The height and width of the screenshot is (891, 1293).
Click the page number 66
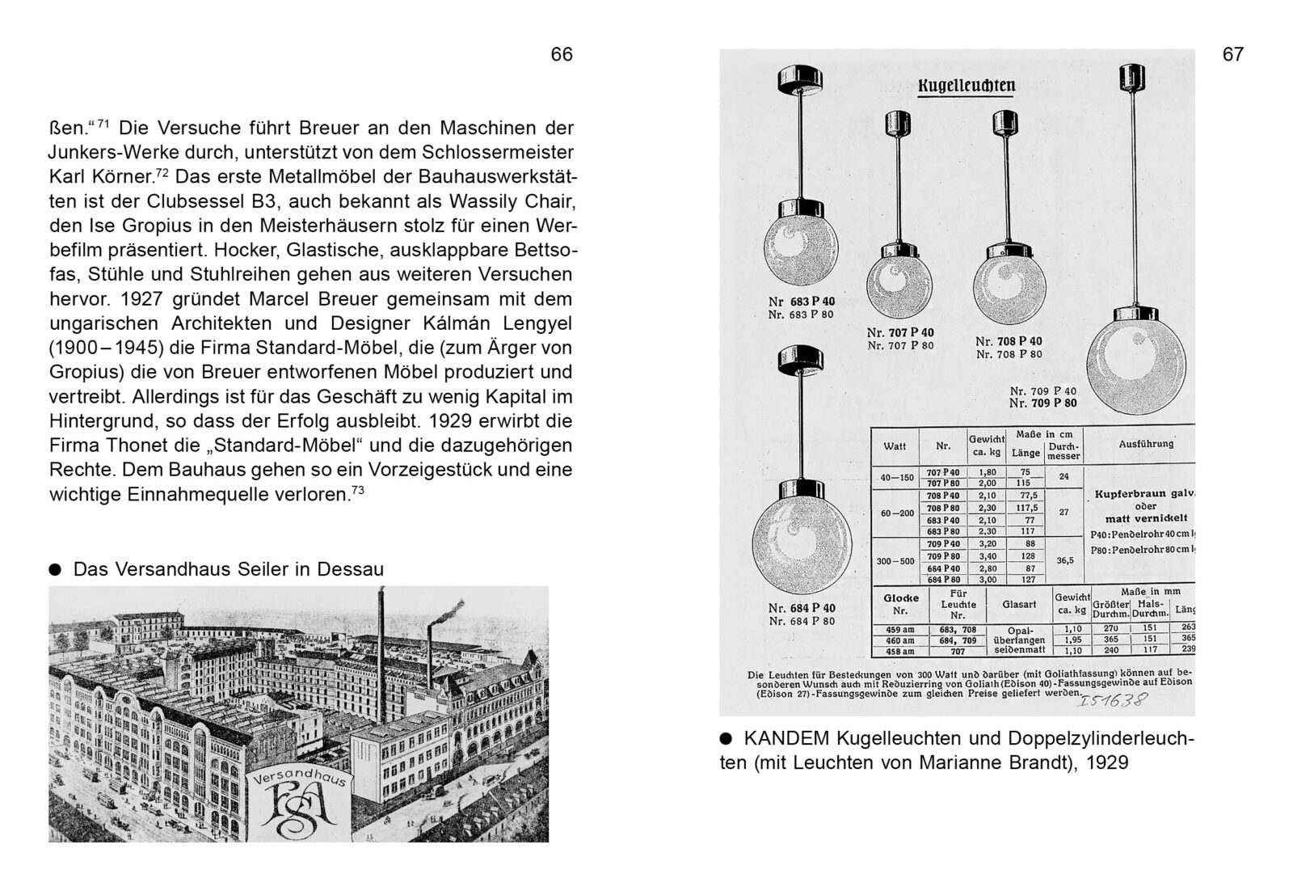pyautogui.click(x=562, y=54)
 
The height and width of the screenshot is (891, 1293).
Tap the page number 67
pyautogui.click(x=1233, y=54)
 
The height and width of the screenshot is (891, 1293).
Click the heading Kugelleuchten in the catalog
pyautogui.click(x=967, y=86)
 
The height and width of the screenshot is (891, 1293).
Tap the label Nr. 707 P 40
pyautogui.click(x=900, y=332)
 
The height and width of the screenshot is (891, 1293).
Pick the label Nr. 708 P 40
pyautogui.click(x=1009, y=341)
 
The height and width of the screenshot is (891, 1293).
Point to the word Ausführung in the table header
pyautogui.click(x=1146, y=444)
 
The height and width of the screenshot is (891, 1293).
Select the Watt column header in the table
pyautogui.click(x=895, y=446)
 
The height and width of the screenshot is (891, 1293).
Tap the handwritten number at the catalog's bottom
pyautogui.click(x=1113, y=700)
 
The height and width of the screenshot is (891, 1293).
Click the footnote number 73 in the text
pyautogui.click(x=358, y=489)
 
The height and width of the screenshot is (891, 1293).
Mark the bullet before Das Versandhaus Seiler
pyautogui.click(x=55, y=569)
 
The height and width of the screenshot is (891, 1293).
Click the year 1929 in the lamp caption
pyautogui.click(x=1106, y=762)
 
